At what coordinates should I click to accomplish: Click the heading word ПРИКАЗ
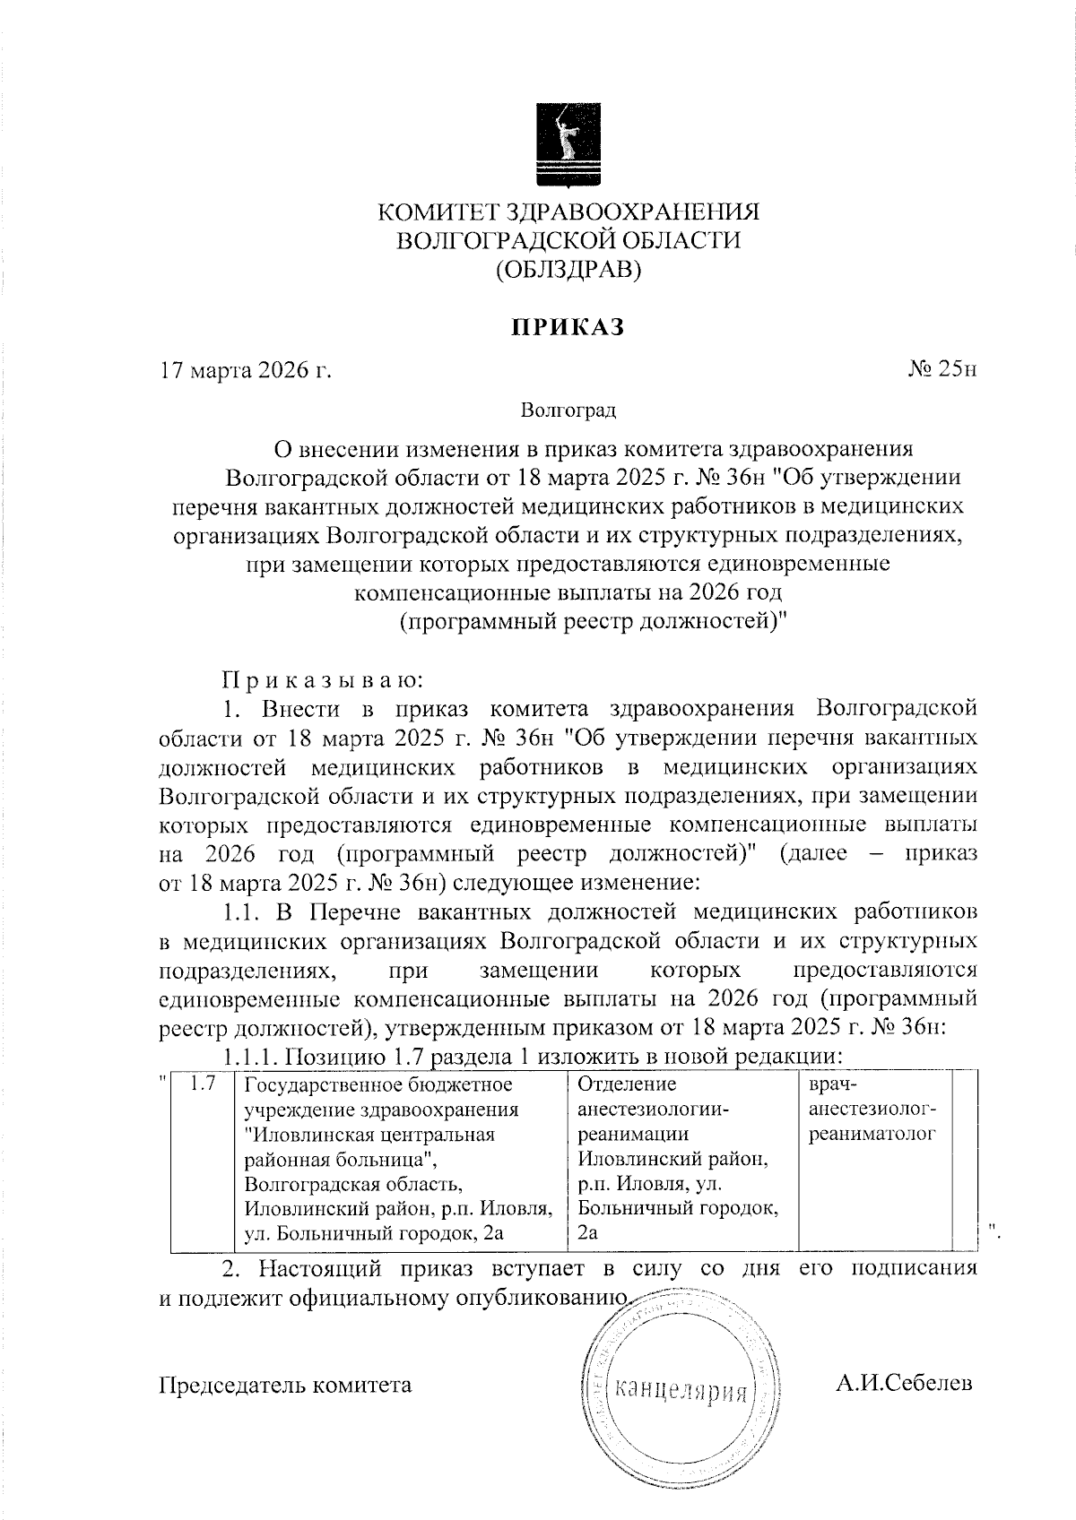[x=567, y=327]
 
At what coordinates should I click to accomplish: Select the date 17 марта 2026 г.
[x=245, y=370]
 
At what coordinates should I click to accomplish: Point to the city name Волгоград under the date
[x=568, y=411]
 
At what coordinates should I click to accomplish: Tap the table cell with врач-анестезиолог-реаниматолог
[x=872, y=1109]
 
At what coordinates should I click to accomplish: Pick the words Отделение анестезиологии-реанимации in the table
[x=653, y=1109]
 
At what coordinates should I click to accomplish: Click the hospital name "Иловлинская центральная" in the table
[x=370, y=1134]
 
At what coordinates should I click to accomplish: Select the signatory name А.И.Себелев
[x=904, y=1384]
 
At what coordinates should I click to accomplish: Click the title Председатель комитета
[x=285, y=1385]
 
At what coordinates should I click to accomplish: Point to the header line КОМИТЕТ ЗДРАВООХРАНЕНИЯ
[x=568, y=212]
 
